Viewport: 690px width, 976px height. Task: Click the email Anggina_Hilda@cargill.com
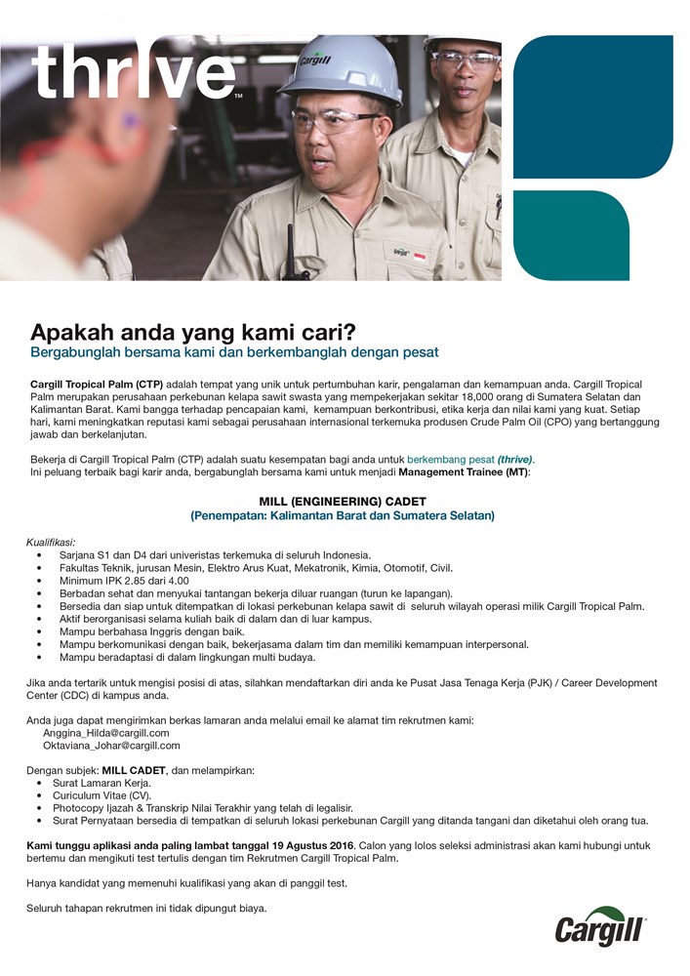pos(106,732)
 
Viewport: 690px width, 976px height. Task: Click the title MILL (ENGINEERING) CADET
pos(343,501)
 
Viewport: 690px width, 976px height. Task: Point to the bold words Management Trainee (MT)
pos(463,472)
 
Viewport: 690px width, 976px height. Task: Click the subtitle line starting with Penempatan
pos(343,515)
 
